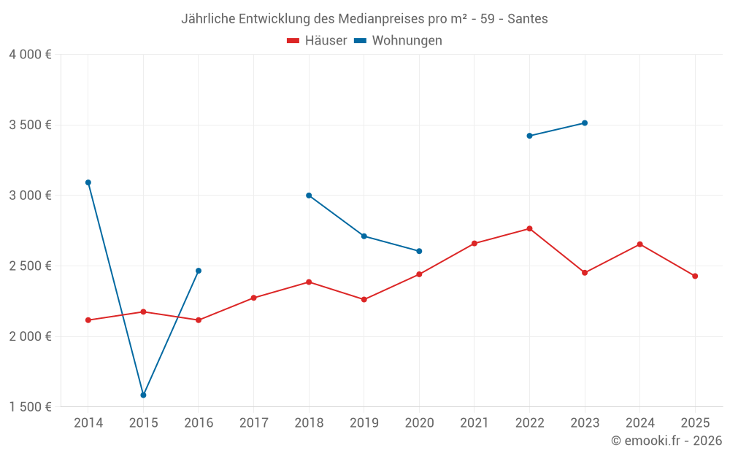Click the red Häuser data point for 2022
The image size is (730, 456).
tap(529, 228)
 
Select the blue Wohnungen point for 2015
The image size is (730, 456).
tap(143, 395)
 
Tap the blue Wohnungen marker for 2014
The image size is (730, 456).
tap(88, 182)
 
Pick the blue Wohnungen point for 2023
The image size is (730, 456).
tap(585, 123)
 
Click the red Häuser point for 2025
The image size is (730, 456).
tap(695, 276)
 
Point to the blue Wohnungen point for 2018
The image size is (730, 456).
tap(309, 196)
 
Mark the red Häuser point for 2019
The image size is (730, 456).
tap(364, 299)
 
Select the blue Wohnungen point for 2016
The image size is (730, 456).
tap(199, 271)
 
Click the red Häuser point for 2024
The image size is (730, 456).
tap(639, 244)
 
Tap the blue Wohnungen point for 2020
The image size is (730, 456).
tap(419, 251)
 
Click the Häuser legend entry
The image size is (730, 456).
tap(317, 41)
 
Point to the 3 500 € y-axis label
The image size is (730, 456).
tap(30, 125)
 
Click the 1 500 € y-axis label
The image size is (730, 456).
tap(30, 406)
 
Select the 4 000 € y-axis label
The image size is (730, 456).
tap(30, 55)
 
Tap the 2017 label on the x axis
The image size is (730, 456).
tap(253, 423)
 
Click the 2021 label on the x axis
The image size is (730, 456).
tap(474, 423)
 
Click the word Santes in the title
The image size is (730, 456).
tap(529, 19)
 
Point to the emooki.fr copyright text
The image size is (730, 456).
tap(666, 441)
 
